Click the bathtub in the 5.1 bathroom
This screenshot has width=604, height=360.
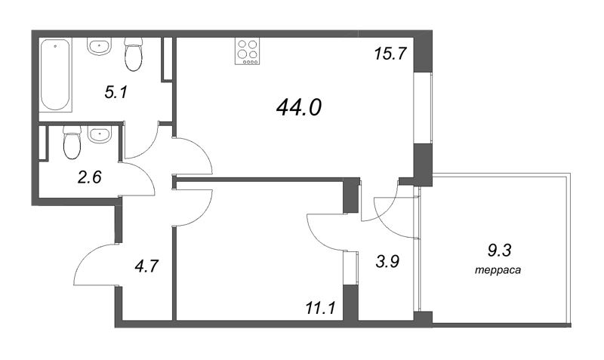point(56,74)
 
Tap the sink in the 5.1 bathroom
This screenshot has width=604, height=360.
point(100,46)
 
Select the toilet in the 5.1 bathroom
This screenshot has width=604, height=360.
point(134,54)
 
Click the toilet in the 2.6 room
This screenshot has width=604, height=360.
point(72,142)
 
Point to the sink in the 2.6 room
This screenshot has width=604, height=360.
point(100,134)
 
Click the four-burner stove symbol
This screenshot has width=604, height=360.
point(247,51)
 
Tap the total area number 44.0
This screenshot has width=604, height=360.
point(299,107)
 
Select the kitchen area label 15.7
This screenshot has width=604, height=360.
point(390,53)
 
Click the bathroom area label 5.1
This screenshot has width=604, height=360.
point(116,92)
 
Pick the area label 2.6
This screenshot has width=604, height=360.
point(90,177)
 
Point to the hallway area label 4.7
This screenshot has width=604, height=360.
point(146,266)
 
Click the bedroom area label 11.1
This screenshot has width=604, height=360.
point(320,308)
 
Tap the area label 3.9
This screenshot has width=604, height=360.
point(387,261)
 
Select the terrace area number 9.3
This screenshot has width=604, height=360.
point(499,251)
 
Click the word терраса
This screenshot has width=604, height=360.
point(498,270)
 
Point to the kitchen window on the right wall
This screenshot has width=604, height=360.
point(424,108)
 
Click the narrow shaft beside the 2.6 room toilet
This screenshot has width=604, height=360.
point(43,142)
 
